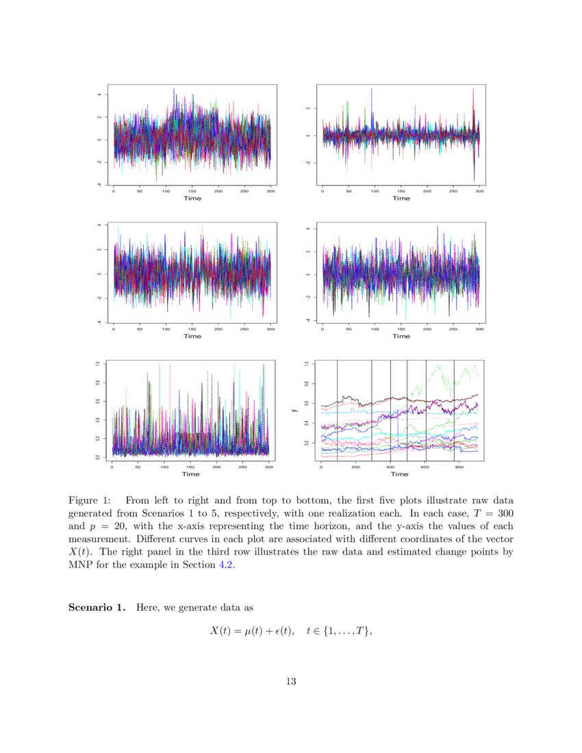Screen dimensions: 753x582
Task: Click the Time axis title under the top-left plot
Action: point(192,198)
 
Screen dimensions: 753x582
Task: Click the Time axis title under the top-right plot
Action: point(401,198)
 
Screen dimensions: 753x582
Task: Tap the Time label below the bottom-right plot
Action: point(400,474)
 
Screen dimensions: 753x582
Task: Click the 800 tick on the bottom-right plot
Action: point(458,467)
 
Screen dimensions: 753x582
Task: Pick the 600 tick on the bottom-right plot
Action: point(424,467)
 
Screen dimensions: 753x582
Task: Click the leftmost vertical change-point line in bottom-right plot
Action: point(338,411)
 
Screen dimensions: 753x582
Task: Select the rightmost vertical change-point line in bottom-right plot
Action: point(454,411)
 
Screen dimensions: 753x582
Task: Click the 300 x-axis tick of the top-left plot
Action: point(271,191)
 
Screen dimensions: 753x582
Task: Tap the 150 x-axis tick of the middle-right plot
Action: point(401,329)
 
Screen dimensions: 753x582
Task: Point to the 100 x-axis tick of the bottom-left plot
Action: point(164,467)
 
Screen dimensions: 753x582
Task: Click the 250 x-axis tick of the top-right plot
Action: point(453,191)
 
